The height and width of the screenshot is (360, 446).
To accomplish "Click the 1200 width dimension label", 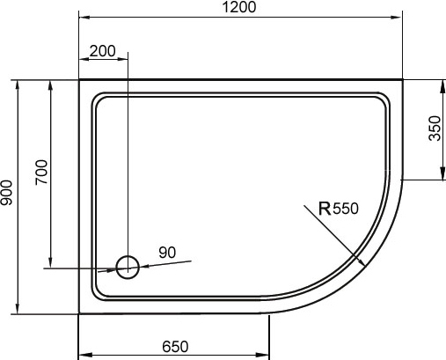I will click(x=240, y=8).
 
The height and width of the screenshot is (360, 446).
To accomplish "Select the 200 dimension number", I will click(x=103, y=51).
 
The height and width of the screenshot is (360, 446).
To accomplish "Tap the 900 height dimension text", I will click(x=8, y=195).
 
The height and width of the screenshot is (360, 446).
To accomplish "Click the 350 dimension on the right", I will click(x=434, y=129).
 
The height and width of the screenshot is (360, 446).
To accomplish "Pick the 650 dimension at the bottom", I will click(x=174, y=346).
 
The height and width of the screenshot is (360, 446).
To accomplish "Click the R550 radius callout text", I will click(x=339, y=209).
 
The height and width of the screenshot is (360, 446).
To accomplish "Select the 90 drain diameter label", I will click(x=167, y=253).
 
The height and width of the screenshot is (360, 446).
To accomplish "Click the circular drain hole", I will click(x=128, y=268).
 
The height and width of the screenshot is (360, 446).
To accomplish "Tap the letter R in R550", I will click(x=325, y=209).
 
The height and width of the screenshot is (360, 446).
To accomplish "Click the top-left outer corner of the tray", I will click(x=80, y=80).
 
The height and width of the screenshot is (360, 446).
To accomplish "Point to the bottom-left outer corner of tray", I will click(x=80, y=312).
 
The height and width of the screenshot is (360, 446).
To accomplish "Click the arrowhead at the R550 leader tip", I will click(x=362, y=261).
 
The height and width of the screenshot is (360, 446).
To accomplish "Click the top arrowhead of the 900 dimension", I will click(x=18, y=83).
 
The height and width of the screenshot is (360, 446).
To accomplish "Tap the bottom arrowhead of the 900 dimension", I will click(x=18, y=310).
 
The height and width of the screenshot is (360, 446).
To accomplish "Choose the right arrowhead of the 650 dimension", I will click(x=265, y=355).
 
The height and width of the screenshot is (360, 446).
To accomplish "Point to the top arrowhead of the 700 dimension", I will click(x=50, y=83).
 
